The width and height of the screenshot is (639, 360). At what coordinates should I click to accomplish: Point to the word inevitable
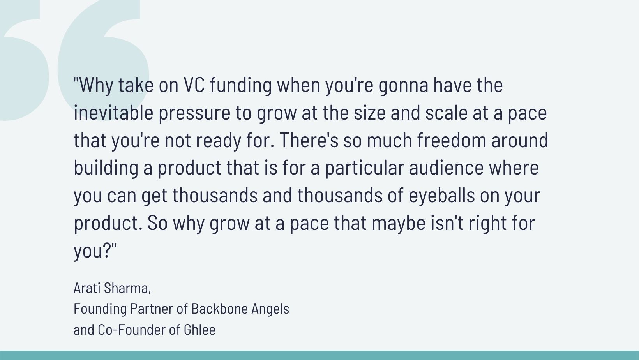(x=113, y=112)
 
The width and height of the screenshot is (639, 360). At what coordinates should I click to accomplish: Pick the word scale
(x=446, y=112)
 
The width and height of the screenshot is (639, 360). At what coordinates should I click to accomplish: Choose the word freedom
(x=452, y=140)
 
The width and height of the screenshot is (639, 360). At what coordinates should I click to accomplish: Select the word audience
(x=446, y=168)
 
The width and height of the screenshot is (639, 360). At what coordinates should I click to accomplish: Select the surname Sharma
(x=127, y=288)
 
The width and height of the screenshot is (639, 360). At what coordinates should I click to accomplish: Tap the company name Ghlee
(x=199, y=330)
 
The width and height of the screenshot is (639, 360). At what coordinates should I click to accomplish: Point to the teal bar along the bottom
(x=319, y=355)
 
